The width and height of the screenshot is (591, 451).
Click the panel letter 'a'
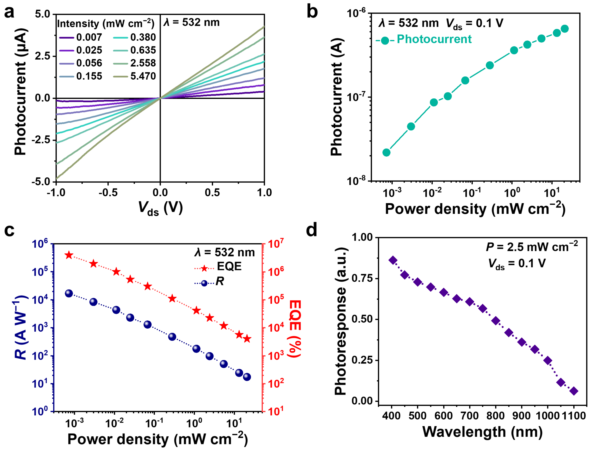pyautogui.click(x=9, y=13)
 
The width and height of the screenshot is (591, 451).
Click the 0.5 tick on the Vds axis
pyautogui.click(x=212, y=192)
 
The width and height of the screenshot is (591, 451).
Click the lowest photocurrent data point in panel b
pyautogui.click(x=386, y=152)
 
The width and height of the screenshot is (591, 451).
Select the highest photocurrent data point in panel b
pyautogui.click(x=565, y=29)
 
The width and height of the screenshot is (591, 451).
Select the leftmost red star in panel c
pyautogui.click(x=69, y=255)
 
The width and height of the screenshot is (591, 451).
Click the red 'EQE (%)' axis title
pyautogui.click(x=295, y=329)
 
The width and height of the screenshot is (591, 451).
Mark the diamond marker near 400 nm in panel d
pyautogui.click(x=393, y=260)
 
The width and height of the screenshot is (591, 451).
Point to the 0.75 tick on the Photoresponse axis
pyautogui.click(x=362, y=278)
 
